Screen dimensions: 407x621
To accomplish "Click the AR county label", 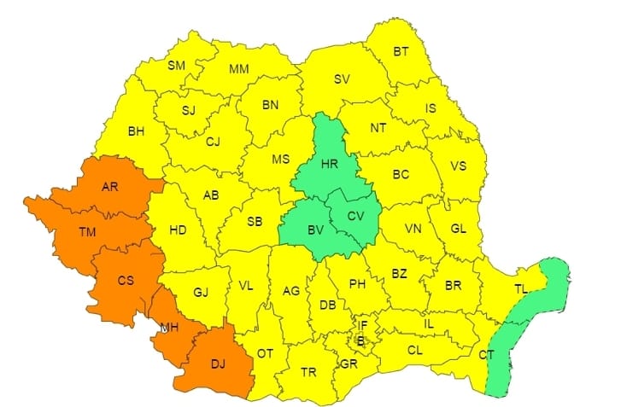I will coord(110,188).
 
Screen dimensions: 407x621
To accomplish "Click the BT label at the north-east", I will coord(401,52).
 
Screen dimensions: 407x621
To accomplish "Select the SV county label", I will coord(342,79).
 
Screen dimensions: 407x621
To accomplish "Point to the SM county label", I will coord(176,66).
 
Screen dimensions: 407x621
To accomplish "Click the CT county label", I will coord(487,354).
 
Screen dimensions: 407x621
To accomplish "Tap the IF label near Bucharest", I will coord(362,325).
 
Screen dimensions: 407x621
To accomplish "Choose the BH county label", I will coord(136,131).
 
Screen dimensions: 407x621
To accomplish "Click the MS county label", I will coord(280,160).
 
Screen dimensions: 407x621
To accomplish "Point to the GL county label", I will coord(458,229).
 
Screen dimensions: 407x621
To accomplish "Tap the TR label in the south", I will coord(310,372).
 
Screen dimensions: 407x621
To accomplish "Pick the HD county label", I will coord(178,230).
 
